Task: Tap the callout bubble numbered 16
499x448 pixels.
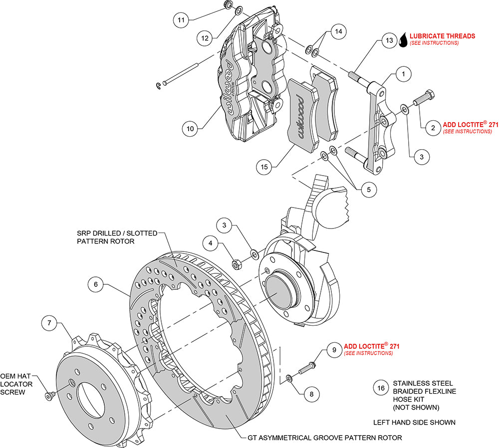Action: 380,387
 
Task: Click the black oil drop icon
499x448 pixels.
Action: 403,39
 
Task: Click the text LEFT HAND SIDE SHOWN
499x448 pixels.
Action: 414,423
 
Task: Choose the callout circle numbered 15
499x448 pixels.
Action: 265,167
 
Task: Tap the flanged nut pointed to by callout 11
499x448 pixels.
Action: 226,5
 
